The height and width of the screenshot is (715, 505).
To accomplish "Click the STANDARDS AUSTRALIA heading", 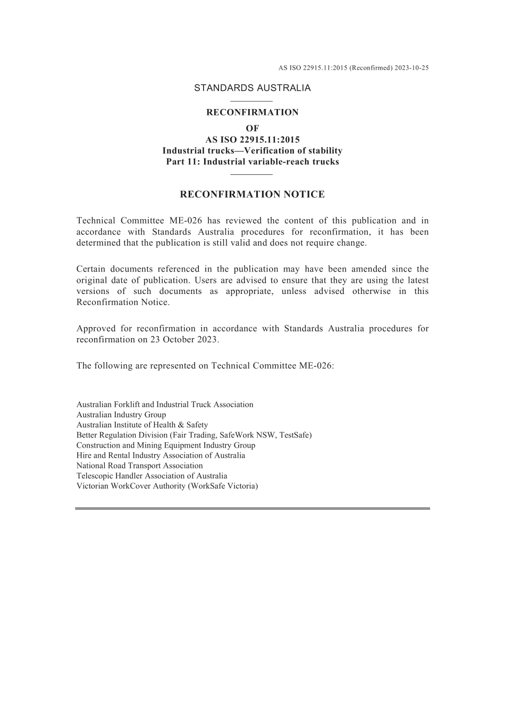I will [252, 88].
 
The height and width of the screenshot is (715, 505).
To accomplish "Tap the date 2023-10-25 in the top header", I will [411, 68].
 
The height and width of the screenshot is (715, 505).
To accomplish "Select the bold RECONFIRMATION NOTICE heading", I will [252, 195].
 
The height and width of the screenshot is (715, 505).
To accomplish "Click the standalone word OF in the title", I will [252, 128].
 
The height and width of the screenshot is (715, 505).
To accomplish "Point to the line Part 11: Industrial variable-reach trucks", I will [252, 162].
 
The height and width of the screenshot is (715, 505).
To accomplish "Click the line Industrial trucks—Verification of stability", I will [252, 151].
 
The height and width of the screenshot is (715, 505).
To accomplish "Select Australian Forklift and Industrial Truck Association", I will [165, 405].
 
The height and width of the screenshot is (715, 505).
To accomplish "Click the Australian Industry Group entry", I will [121, 415].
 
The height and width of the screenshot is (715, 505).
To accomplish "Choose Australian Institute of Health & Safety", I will [142, 425].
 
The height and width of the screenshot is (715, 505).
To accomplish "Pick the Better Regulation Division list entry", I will [194, 435].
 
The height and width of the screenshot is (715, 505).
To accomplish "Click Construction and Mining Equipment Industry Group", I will [166, 445].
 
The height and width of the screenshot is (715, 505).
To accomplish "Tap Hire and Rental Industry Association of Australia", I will [161, 456].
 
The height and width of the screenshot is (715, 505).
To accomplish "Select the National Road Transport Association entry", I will [139, 466].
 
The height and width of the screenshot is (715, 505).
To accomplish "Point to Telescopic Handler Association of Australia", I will [151, 476].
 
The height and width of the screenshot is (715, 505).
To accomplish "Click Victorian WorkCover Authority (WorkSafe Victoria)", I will [167, 486].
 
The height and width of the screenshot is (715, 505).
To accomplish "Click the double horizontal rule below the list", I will [252, 509].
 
